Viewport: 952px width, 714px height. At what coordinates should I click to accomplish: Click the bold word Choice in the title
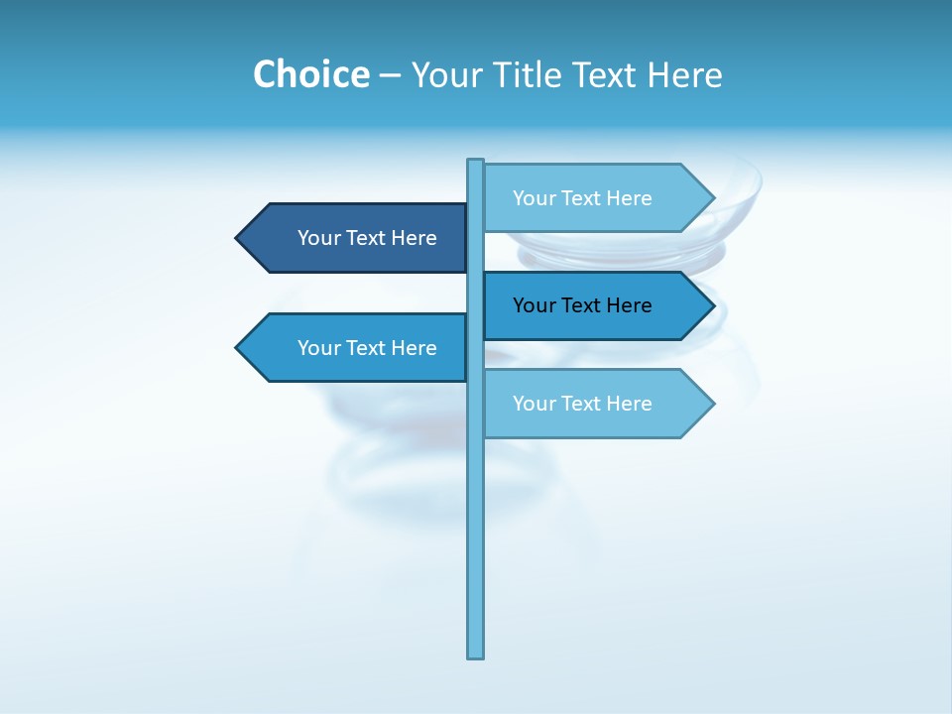point(310,74)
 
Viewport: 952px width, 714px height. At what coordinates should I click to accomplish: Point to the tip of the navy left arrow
point(238,238)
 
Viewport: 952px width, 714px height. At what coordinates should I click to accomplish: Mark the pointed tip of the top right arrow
point(712,198)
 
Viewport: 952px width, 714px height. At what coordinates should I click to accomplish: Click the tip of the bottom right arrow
point(712,404)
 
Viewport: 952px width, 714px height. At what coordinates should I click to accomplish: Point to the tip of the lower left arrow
point(238,347)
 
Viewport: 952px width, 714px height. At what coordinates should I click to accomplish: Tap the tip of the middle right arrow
point(712,305)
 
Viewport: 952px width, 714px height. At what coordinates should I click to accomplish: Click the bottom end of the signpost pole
point(475,654)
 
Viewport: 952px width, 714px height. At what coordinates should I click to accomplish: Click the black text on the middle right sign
point(582,305)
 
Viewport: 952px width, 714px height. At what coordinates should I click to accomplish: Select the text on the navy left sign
point(367,238)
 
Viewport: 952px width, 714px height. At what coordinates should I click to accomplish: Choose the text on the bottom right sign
point(582,404)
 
